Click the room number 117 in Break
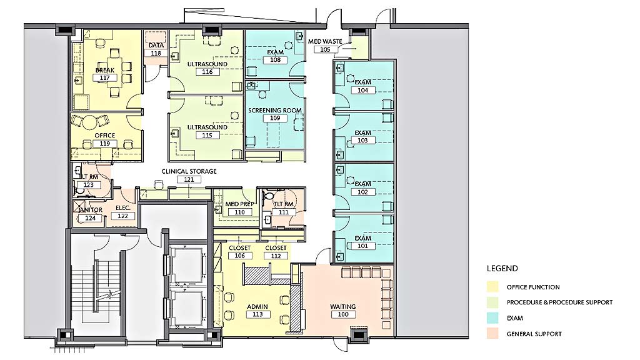pos(104,77)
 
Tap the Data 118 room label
pos(156,49)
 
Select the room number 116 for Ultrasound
pos(207,71)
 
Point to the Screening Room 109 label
pos(275,114)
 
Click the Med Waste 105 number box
pos(325,49)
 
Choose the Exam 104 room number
pos(363,90)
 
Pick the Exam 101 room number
pos(363,246)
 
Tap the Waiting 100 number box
pos(343,314)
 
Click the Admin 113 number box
pos(257,314)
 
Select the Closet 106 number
pos(239,256)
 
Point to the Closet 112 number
pos(276,256)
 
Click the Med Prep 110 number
pos(239,212)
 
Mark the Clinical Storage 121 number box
pos(189,179)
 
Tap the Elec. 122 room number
pos(123,216)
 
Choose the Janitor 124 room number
pos(90,218)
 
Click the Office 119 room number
pos(104,143)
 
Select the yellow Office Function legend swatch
pos(492,286)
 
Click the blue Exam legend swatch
pos(492,317)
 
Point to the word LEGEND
pos(502,269)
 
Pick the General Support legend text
pos(534,334)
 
